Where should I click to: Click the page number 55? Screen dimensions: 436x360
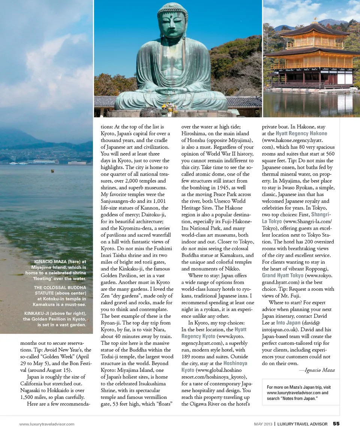click(336, 424)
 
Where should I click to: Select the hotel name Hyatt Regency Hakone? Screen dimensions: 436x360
click(301, 134)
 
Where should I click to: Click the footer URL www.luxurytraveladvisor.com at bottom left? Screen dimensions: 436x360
click(47, 424)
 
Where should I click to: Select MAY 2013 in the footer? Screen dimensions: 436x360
click(262, 424)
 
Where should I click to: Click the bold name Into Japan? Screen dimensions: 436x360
click(288, 323)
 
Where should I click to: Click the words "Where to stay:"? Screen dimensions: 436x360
click(206, 275)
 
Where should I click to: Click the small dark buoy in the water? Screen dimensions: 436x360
click(52, 171)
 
